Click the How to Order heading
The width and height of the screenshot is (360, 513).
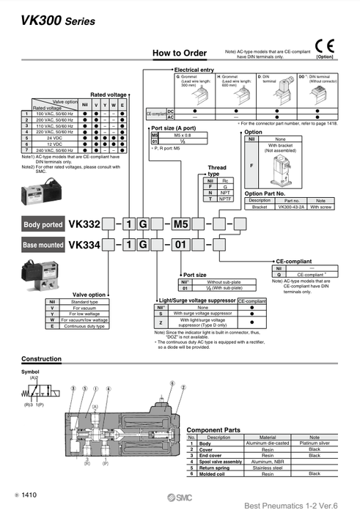[179, 53]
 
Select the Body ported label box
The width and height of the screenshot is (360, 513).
[43, 224]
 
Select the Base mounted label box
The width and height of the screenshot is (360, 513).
[43, 245]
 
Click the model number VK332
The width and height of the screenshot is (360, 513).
[84, 224]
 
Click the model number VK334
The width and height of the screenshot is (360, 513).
[84, 245]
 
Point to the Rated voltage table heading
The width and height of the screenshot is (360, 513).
[109, 95]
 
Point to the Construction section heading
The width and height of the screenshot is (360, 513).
[41, 359]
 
